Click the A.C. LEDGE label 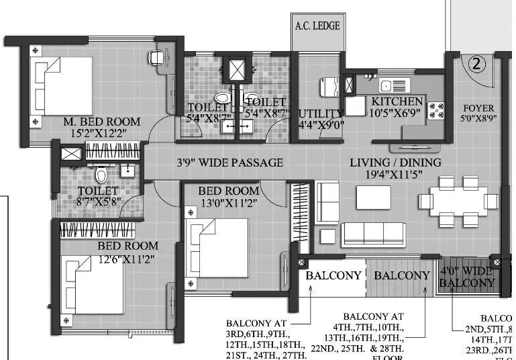(317, 26)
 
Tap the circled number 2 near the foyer (476, 65)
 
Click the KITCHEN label (397, 101)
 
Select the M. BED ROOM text (102, 122)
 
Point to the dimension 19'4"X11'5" (395, 176)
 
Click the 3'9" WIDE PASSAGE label (229, 163)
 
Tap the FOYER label (478, 108)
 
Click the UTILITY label (320, 113)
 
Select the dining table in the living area (458, 201)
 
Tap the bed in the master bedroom (62, 86)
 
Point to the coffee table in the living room (373, 197)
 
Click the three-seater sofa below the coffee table (373, 235)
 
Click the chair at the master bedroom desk (158, 58)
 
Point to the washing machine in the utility (329, 87)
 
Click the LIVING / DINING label (395, 163)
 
